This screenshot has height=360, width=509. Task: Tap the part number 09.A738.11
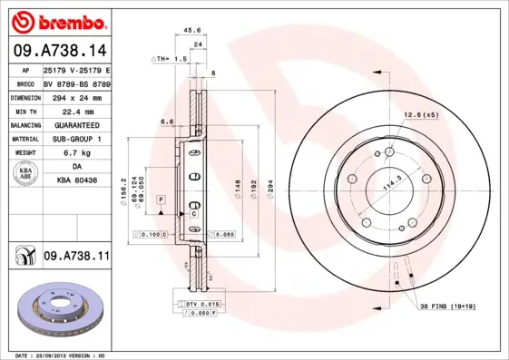tap(76, 258)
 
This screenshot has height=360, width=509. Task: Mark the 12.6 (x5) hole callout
tap(420, 115)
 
